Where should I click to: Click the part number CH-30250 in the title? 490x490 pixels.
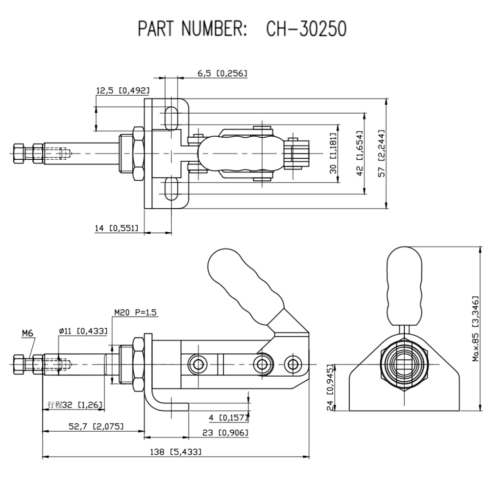click(306, 29)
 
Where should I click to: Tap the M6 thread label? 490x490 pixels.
click(27, 334)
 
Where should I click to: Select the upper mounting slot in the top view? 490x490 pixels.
click(171, 118)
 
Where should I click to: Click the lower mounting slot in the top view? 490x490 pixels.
click(171, 190)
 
